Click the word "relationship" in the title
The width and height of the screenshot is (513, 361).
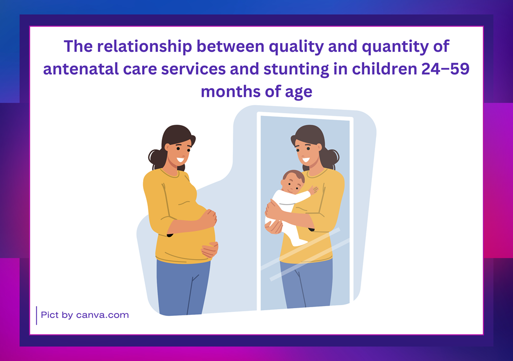(x=144, y=47)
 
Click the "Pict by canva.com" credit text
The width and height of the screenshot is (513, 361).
(x=85, y=315)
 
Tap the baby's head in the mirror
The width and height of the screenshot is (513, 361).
(x=292, y=182)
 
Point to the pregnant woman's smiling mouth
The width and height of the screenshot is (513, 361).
(x=181, y=160)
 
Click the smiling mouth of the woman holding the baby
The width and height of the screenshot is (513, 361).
(x=306, y=160)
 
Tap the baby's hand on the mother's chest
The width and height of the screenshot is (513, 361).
(x=313, y=190)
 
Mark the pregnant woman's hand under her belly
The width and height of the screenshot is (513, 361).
(x=209, y=250)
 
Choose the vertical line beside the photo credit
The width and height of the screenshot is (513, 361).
(x=36, y=315)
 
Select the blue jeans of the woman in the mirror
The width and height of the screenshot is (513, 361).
(x=307, y=283)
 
